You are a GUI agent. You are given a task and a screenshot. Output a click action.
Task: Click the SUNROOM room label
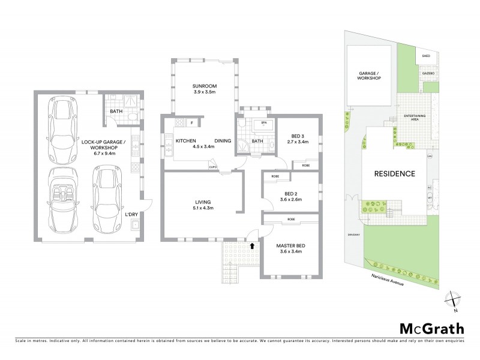(205, 86)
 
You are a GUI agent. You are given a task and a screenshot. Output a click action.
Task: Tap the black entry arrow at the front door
(252, 245)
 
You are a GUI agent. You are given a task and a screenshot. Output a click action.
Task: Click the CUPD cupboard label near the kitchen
(212, 167)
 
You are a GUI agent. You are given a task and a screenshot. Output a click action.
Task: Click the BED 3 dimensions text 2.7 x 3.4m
(298, 143)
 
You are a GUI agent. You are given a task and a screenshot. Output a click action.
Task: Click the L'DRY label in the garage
(131, 214)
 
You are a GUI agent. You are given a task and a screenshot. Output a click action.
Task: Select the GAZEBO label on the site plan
(427, 73)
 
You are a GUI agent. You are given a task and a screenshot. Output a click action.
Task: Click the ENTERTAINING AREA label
(415, 116)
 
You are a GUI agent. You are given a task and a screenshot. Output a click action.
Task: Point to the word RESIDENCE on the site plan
(395, 174)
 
